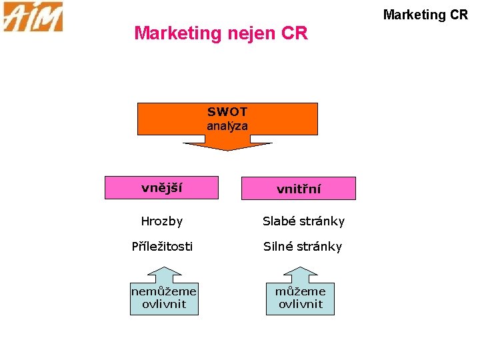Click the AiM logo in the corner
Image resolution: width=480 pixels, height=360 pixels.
click(x=33, y=17)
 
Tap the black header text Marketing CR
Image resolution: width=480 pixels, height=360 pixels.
click(x=426, y=14)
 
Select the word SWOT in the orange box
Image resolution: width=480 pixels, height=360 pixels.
click(x=227, y=112)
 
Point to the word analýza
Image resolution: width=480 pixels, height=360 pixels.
click(x=227, y=125)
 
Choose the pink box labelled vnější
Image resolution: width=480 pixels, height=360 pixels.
click(x=161, y=187)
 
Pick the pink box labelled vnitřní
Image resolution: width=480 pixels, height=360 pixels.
click(x=299, y=189)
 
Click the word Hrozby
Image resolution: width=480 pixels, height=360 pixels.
click(x=161, y=221)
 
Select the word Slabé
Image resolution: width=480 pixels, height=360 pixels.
click(x=279, y=221)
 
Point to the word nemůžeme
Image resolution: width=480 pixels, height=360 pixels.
click(x=164, y=291)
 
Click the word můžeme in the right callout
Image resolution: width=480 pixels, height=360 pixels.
click(x=300, y=291)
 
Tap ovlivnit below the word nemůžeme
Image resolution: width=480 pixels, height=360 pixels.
click(x=164, y=304)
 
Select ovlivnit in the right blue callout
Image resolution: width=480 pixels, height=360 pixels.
click(x=300, y=304)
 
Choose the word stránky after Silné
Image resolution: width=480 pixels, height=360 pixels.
click(x=320, y=246)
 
